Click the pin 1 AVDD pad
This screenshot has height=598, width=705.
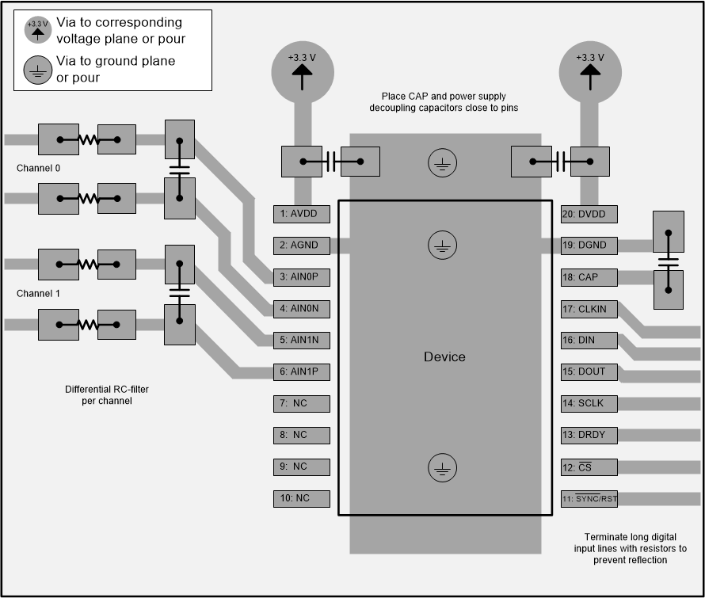pyautogui.click(x=301, y=214)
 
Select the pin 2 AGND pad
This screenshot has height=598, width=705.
pyautogui.click(x=301, y=246)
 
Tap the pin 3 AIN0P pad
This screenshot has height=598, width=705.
pyautogui.click(x=301, y=277)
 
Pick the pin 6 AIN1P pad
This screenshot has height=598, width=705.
pyautogui.click(x=301, y=371)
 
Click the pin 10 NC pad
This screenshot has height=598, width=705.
pyautogui.click(x=301, y=498)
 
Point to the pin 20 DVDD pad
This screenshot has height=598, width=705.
pyautogui.click(x=589, y=214)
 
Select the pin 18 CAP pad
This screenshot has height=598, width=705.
pyautogui.click(x=589, y=277)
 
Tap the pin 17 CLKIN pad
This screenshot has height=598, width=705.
pyautogui.click(x=589, y=309)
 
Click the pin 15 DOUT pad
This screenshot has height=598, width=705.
pyautogui.click(x=589, y=371)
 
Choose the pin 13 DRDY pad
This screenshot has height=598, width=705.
pyautogui.click(x=589, y=435)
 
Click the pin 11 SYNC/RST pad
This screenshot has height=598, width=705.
pyautogui.click(x=589, y=498)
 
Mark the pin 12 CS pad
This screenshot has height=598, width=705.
pyautogui.click(x=589, y=467)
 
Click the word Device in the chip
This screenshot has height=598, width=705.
pyautogui.click(x=444, y=357)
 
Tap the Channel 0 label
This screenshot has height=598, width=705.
pyautogui.click(x=38, y=169)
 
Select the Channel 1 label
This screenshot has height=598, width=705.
pyautogui.click(x=38, y=294)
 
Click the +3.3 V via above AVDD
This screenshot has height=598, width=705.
pyautogui.click(x=301, y=70)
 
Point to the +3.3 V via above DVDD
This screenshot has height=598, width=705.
pyautogui.click(x=589, y=70)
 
